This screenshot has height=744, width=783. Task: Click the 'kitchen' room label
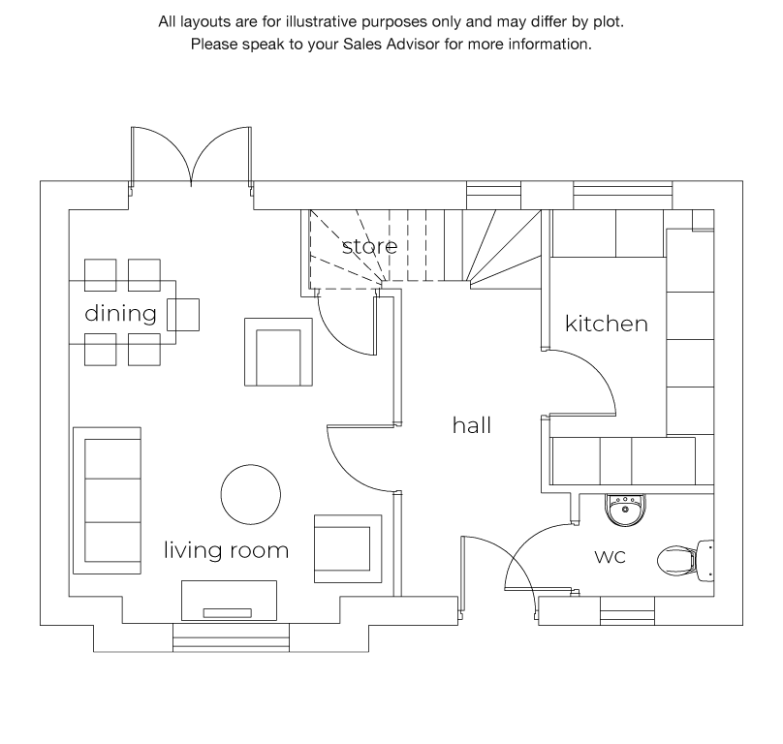(607, 324)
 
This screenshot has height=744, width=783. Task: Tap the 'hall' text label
(471, 425)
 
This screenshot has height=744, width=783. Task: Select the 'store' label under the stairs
(369, 246)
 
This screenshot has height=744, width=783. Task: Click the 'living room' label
(226, 549)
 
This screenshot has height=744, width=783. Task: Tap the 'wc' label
(610, 556)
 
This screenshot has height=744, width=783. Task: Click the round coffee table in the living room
(251, 494)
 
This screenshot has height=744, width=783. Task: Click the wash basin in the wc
(625, 510)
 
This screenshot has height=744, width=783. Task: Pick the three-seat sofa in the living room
(107, 500)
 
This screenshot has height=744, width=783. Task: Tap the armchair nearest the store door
(278, 352)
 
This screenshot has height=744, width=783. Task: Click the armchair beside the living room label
(348, 548)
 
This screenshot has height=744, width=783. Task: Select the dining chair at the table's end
(183, 315)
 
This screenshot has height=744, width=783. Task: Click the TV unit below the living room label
(229, 601)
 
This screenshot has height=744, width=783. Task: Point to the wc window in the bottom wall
(627, 610)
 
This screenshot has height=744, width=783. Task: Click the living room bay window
(231, 637)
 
